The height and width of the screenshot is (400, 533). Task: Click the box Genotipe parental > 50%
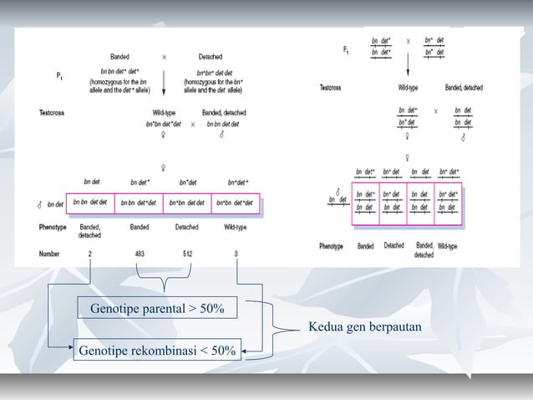point(157,309)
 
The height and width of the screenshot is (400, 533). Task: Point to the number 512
point(190,254)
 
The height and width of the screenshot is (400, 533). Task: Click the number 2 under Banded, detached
point(89,254)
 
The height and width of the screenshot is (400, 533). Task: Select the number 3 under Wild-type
point(237,254)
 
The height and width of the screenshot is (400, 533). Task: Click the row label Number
point(49,254)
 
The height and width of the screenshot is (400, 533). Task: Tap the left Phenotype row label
point(53,227)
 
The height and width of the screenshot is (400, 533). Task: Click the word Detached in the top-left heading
point(210,57)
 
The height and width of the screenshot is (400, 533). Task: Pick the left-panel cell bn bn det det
point(89,203)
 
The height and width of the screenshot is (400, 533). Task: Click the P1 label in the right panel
point(347,50)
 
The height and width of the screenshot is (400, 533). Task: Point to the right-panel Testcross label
point(332,87)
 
